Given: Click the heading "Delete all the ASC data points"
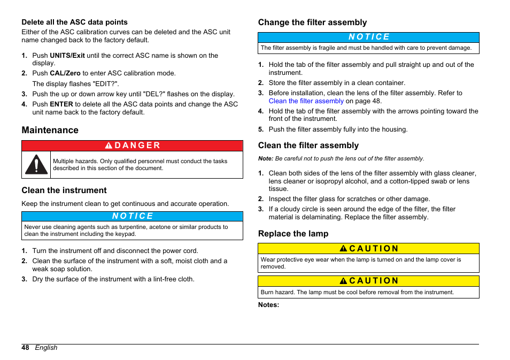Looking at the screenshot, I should [x=74, y=22].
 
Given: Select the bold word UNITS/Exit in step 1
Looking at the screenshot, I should [x=67, y=55].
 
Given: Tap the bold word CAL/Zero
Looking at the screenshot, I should [x=65, y=73].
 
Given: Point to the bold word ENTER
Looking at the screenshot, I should [x=61, y=104].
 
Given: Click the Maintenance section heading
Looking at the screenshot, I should [x=50, y=130].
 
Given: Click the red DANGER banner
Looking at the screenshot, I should [x=132, y=145].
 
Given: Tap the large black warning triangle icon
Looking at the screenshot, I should [x=36, y=164].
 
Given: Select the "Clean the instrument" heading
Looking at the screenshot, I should [x=64, y=190].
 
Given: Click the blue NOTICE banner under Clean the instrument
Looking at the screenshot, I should [x=132, y=216].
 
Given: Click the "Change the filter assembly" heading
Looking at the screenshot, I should [x=312, y=22].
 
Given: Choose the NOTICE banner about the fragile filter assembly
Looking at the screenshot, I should [x=368, y=37].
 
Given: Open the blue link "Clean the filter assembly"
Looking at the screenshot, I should [x=306, y=101].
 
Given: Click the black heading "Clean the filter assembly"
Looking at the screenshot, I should [x=308, y=145].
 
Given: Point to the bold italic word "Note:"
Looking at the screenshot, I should [x=266, y=159].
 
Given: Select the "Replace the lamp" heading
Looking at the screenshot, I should [x=293, y=234].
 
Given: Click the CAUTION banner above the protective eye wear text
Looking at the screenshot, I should [x=368, y=249].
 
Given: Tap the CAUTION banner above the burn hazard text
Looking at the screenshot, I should [x=368, y=281].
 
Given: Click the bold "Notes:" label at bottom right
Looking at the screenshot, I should [x=268, y=305].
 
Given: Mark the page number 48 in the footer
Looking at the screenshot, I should [x=25, y=348].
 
